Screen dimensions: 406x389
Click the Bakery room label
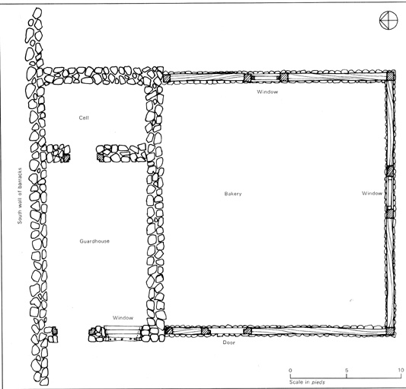233,194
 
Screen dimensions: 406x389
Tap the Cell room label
84,117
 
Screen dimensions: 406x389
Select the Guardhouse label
94,241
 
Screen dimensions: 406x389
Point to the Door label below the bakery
229,342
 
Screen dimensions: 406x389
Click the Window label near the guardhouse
123,317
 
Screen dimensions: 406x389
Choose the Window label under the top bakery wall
267,92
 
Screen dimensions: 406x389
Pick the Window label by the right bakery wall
372,193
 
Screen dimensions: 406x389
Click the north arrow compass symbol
388,21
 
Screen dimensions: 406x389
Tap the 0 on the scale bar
290,370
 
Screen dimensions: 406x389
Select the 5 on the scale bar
347,370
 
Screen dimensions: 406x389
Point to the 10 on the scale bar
401,370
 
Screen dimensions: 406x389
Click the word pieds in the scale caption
318,382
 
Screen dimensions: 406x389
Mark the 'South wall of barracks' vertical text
20,196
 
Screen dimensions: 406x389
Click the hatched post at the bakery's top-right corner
390,76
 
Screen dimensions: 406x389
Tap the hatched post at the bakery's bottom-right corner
390,331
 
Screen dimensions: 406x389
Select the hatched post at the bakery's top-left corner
167,78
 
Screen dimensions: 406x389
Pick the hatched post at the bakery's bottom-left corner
168,330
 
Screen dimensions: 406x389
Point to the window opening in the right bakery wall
390,193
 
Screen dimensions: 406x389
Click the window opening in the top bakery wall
266,78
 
